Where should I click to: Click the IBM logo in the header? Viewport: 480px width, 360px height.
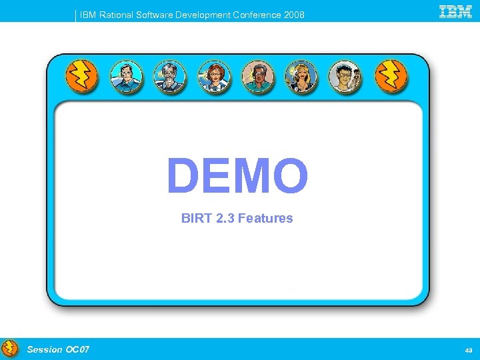pos(455,11)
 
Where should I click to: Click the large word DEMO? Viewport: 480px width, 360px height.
pos(237,176)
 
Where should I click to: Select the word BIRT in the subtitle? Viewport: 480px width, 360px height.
pos(195,218)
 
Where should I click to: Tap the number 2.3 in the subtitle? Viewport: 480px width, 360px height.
pos(223,218)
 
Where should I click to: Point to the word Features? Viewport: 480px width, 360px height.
pos(265,218)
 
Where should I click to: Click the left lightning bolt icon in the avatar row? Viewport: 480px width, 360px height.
pos(82,77)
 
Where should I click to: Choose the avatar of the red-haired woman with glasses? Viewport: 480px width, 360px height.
pos(214,77)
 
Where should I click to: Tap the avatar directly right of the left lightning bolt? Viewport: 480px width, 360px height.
pos(126,77)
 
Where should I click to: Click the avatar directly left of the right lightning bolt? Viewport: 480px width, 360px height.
pos(347,77)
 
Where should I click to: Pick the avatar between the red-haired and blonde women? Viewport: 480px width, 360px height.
pos(258,77)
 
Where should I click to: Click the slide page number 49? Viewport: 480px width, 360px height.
pos(468,349)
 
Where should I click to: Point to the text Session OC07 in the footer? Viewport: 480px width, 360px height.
pos(58,349)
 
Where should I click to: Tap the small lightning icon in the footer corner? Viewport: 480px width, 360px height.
pos(9,349)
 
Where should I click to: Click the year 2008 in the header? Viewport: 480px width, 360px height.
pos(293,15)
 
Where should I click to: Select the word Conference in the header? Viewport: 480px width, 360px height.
pos(257,15)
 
